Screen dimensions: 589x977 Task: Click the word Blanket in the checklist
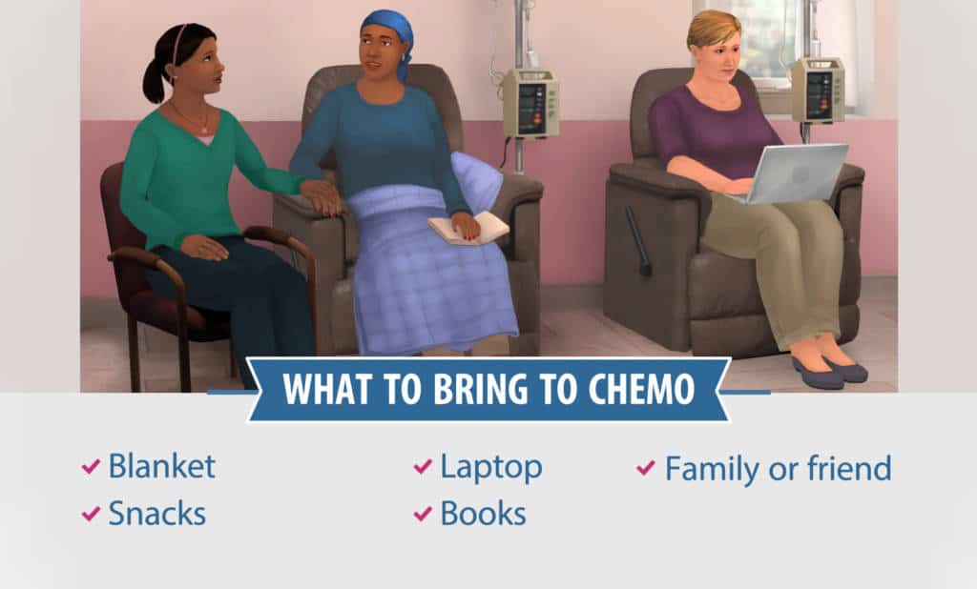[x=161, y=467]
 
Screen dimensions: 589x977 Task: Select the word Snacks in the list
[x=156, y=514]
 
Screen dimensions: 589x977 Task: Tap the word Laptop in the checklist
[x=490, y=467]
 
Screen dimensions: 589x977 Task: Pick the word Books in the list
[x=483, y=514]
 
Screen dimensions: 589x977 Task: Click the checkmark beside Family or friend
[x=646, y=468]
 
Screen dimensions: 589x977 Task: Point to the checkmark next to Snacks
[x=91, y=515]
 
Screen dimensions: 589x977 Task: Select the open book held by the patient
[x=468, y=229]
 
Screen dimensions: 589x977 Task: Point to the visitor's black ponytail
[x=154, y=79]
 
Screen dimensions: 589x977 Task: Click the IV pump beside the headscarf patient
[x=530, y=102]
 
